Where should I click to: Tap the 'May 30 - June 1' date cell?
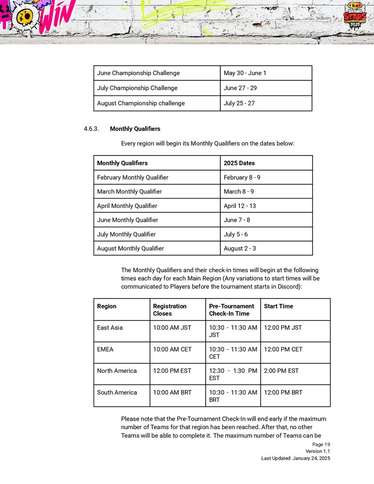[x=245, y=73]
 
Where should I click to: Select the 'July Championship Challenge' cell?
[x=137, y=88]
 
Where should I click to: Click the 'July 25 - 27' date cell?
[x=239, y=103]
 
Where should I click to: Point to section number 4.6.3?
[x=91, y=129]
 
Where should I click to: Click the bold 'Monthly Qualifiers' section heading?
[x=135, y=129]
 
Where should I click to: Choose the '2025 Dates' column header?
[x=239, y=163]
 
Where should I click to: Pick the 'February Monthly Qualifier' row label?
[x=132, y=177]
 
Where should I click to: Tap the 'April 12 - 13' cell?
[x=240, y=206]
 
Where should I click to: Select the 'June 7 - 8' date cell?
[x=237, y=220]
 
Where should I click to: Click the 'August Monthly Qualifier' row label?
[x=130, y=248]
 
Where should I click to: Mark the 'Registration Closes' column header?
[x=170, y=310]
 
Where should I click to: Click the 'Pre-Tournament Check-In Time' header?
[x=232, y=310]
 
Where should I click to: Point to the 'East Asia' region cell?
[x=110, y=328]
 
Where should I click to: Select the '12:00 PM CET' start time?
[x=283, y=349]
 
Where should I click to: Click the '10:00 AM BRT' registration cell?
[x=172, y=392]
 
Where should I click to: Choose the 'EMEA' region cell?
[x=105, y=349]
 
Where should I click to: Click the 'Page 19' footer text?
[x=321, y=444]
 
